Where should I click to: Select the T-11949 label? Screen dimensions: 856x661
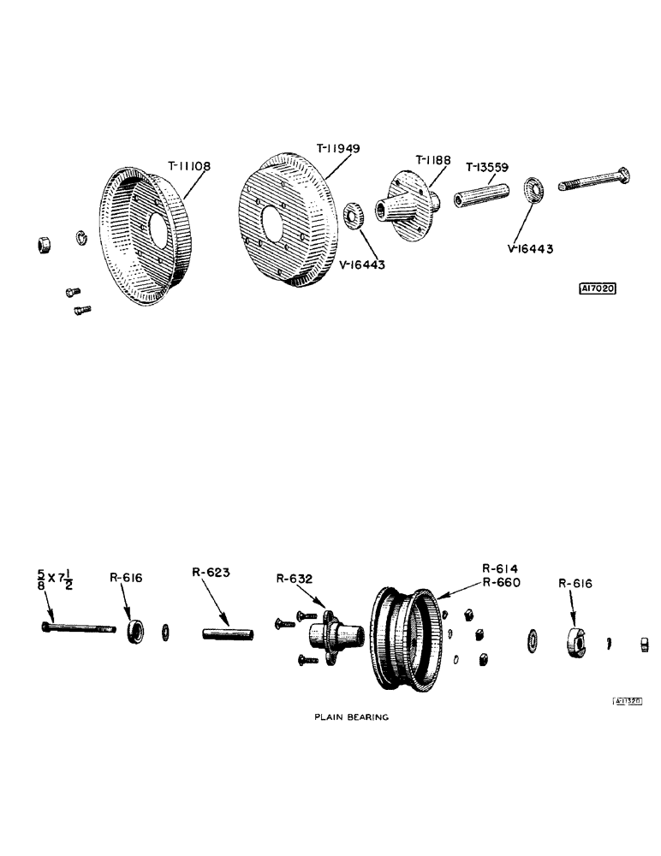pos(338,148)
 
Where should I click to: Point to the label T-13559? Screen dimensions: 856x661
pos(490,166)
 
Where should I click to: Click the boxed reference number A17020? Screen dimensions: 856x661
pos(598,288)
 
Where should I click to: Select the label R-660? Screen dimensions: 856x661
pos(502,582)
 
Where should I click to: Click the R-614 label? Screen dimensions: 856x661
pos(502,568)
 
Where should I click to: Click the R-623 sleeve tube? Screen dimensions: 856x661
pos(229,634)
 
